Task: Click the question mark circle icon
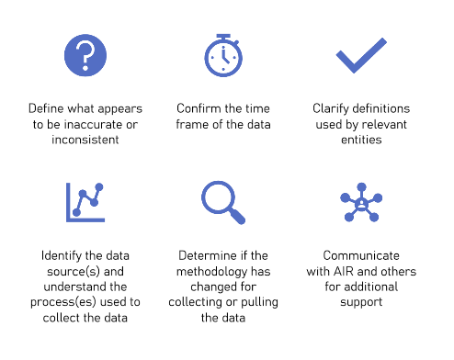[x=85, y=54]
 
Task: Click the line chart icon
[x=85, y=202]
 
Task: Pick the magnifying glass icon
[x=222, y=202]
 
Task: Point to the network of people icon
[x=359, y=202]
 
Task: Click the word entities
[x=359, y=140]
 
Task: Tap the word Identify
[x=62, y=255]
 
